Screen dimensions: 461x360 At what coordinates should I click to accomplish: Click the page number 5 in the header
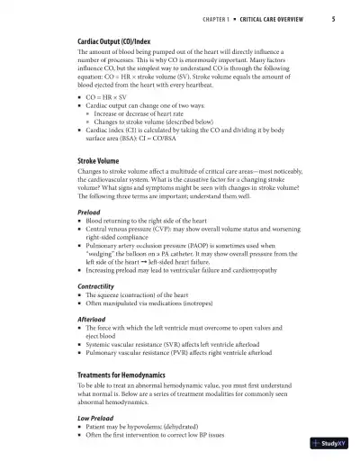click(333, 19)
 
